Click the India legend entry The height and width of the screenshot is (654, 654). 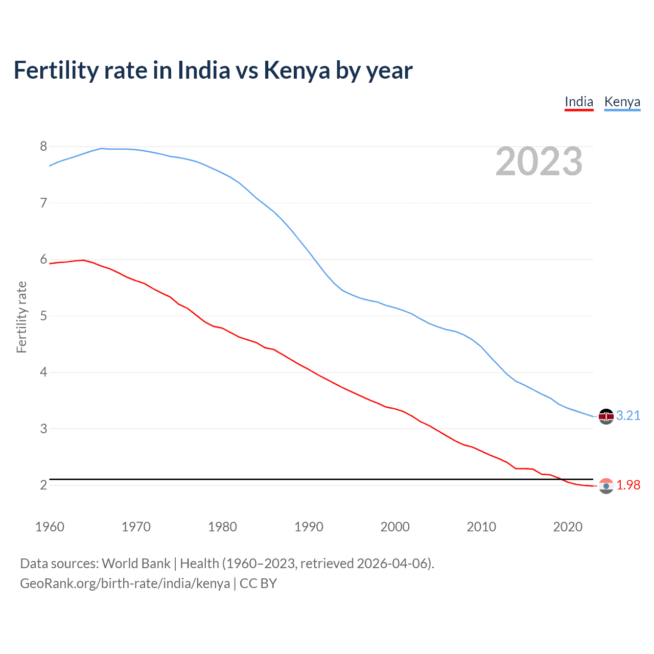579,102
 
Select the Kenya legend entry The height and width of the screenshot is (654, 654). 622,102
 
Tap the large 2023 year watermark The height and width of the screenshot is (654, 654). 539,161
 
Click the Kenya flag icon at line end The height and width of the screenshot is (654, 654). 606,416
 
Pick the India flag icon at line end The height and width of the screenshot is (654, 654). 606,486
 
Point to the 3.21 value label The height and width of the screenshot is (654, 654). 628,415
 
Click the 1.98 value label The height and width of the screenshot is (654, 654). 628,485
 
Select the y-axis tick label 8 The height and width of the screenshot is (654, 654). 43,147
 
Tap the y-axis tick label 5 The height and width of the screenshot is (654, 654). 43,316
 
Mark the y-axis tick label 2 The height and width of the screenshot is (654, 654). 43,485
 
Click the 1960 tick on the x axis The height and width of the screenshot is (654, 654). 50,527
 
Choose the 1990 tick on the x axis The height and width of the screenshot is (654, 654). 309,527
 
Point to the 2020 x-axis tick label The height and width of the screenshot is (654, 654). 568,527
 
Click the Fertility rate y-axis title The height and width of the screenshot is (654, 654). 21,317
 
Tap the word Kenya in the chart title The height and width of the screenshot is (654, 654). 297,70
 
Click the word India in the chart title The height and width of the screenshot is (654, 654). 204,70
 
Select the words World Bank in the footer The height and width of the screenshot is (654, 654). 136,564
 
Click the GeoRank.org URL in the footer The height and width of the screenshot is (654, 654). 125,583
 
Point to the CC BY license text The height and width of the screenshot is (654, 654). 258,583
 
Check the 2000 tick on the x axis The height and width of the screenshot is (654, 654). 395,527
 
